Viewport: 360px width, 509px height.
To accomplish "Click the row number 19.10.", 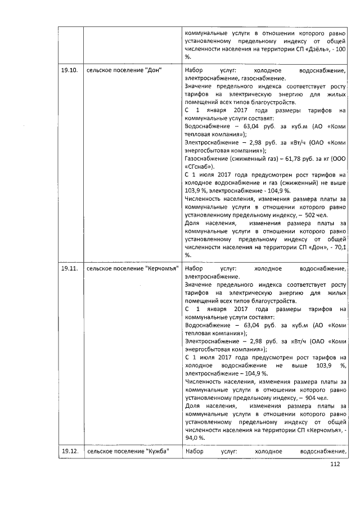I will coord(69,70).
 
